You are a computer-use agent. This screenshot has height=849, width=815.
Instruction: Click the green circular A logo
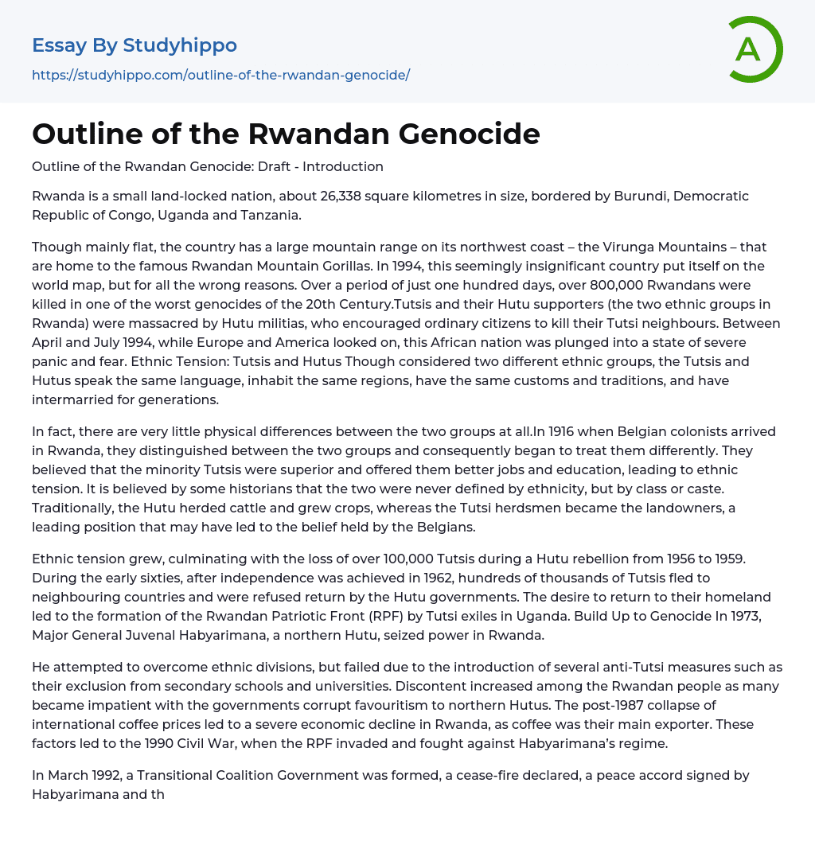751,49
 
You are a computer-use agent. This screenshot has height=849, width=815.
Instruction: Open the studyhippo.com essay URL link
220,76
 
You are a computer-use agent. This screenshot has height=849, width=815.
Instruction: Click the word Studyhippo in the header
180,45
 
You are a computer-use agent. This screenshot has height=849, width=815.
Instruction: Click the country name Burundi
639,196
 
